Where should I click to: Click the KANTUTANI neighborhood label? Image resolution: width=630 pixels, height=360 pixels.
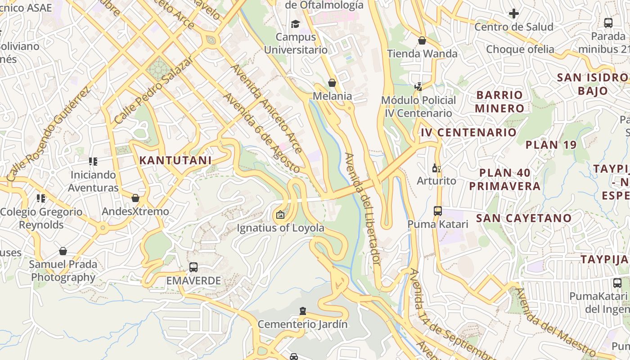point(175,160)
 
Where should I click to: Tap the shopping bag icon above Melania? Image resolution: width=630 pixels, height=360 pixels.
point(332,83)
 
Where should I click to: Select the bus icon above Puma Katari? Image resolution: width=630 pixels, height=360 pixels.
point(437,211)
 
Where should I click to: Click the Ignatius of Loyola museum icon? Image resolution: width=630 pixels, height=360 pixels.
point(280,215)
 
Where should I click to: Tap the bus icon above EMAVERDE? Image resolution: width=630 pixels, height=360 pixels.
point(193,267)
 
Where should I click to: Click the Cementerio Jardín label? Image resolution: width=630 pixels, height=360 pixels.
point(302,324)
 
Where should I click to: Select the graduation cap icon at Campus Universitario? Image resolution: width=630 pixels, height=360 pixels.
point(295,24)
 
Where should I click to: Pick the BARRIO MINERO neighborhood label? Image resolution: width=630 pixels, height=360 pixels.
point(499,102)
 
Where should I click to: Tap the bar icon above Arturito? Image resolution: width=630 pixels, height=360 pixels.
point(436,168)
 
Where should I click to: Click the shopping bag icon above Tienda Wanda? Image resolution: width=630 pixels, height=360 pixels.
point(422,40)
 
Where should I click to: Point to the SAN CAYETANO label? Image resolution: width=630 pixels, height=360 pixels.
point(524,218)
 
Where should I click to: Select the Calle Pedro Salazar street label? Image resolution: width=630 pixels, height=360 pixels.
point(154,90)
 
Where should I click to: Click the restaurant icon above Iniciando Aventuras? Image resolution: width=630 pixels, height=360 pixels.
point(93,161)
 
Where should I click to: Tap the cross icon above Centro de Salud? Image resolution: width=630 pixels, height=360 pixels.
point(513,13)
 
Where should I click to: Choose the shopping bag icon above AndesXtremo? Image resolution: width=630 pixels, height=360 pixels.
point(135,198)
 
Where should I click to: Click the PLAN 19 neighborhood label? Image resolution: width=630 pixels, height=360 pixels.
point(551,145)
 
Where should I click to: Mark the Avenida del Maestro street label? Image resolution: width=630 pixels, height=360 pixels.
point(556,321)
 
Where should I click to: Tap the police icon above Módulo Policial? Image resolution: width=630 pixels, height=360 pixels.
point(418,87)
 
